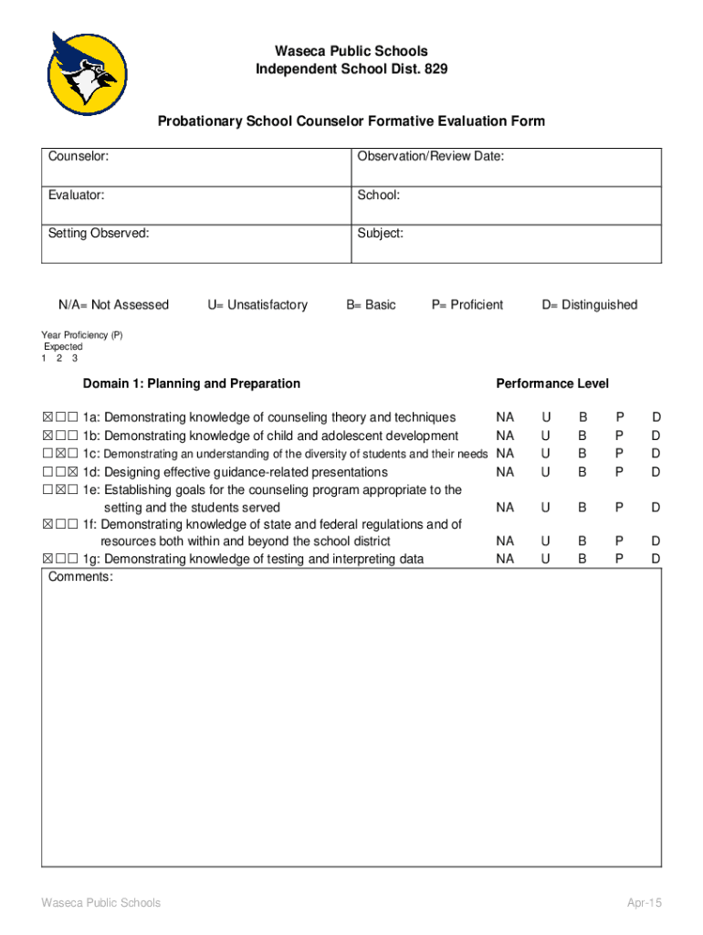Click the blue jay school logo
[x=88, y=73]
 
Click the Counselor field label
[x=79, y=157]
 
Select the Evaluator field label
[x=76, y=195]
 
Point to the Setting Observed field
[x=195, y=244]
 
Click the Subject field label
[x=380, y=234]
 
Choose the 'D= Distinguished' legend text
[x=589, y=305]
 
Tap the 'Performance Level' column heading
[x=551, y=383]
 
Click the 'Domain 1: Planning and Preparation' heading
[x=191, y=383]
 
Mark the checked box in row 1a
[x=47, y=418]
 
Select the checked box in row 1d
[x=72, y=472]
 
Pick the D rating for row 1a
[x=656, y=417]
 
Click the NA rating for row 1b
[x=505, y=436]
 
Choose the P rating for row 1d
[x=619, y=472]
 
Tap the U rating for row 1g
[x=546, y=559]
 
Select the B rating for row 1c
[x=582, y=453]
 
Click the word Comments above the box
[x=80, y=577]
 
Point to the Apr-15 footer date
[x=644, y=903]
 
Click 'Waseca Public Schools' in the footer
[x=100, y=903]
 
